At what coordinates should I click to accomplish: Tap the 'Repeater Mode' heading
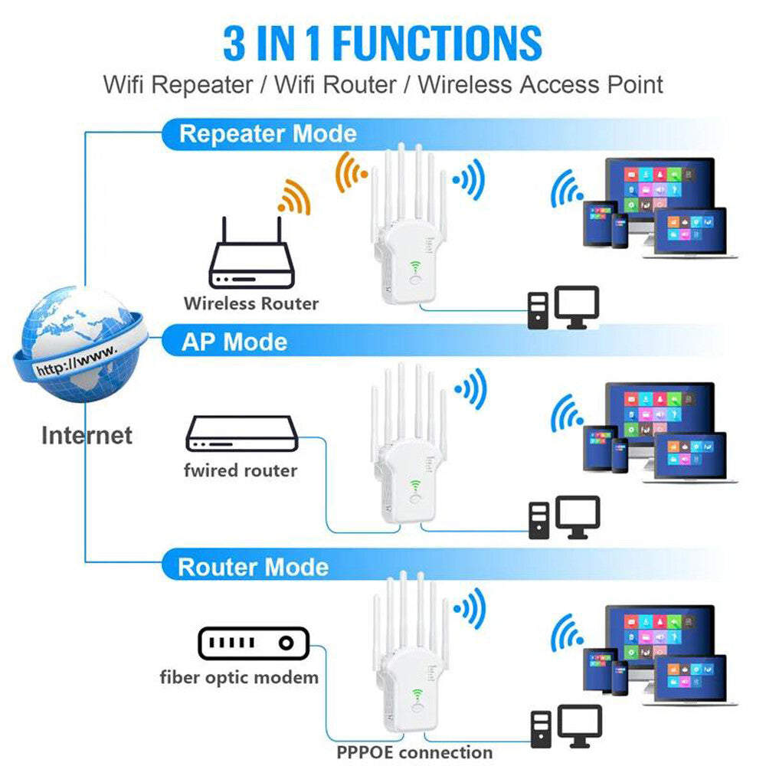click(x=267, y=134)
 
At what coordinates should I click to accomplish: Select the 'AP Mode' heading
click(x=234, y=342)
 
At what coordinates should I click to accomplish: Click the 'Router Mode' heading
click(x=253, y=567)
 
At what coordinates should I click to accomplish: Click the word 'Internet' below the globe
click(x=87, y=436)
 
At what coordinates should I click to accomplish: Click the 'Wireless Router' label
click(x=250, y=303)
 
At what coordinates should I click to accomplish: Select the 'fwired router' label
click(x=240, y=470)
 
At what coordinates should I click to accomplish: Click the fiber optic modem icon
click(x=253, y=643)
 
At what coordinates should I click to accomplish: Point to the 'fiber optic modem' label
click(x=239, y=677)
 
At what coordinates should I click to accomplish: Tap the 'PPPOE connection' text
click(x=414, y=752)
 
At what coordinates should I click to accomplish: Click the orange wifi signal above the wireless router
click(x=295, y=197)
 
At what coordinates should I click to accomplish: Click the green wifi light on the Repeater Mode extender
click(x=414, y=267)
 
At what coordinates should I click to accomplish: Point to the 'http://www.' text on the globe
click(x=77, y=360)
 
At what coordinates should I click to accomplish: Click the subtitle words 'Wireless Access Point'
click(x=540, y=84)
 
